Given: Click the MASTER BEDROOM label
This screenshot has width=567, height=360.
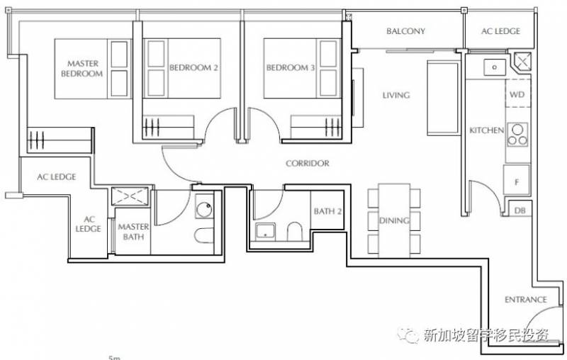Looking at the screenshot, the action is coord(82,69).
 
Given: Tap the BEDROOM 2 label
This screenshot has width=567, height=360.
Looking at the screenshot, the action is coord(193,67).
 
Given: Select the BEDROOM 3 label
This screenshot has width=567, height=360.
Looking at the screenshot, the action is coord(291,67).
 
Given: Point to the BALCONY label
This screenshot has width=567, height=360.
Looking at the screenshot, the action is coord(405,31).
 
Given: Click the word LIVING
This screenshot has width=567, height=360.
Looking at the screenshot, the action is coord(396,95).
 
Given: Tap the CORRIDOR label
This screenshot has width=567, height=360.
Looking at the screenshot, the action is coord(308,164).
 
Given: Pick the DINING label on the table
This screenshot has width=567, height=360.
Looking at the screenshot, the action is coord(394,220).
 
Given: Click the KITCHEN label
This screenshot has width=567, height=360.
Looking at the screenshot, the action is coord(486,130).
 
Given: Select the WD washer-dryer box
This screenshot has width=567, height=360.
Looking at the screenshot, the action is coord(518,93).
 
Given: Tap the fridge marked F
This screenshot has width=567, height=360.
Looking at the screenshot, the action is coord(517,181).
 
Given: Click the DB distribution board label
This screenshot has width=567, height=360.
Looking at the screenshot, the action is coord(520,210).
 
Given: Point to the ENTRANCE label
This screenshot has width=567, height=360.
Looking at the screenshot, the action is coord(525,300).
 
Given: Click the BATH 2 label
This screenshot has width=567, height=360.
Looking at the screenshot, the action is coord(327,211).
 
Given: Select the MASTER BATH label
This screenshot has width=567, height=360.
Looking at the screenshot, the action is coord(133,232).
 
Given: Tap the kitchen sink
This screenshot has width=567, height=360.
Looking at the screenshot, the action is coord(494,67).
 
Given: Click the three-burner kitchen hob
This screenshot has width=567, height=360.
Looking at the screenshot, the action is coord(517,135).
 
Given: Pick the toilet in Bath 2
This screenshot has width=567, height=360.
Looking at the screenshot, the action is coord(295,231).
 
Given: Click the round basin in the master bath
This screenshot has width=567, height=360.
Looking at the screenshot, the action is coord(205,207).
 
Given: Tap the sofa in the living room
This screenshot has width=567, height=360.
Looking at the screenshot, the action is coord(444,98).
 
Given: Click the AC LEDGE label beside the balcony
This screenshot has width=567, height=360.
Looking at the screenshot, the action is coord(500,31).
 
